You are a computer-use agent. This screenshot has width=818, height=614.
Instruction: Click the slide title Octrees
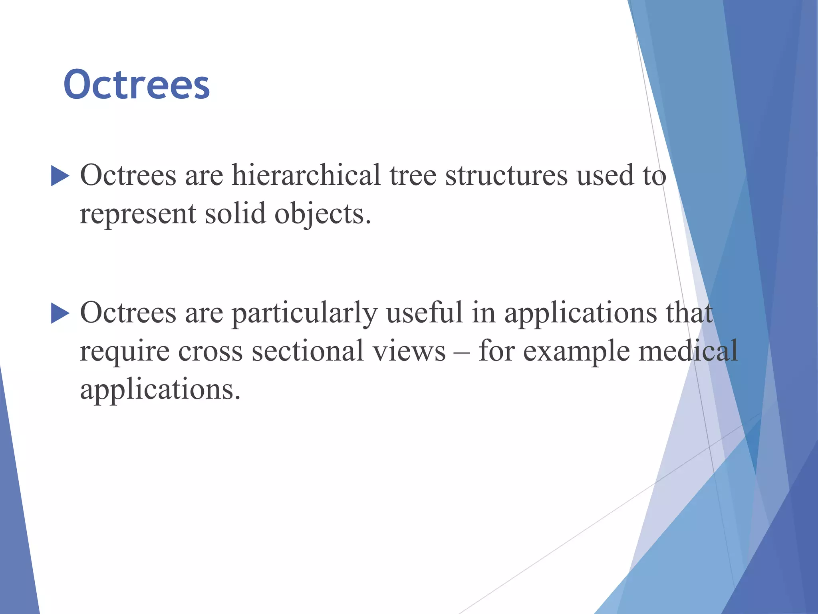click(x=136, y=85)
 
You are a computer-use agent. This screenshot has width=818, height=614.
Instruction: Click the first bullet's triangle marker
click(x=60, y=176)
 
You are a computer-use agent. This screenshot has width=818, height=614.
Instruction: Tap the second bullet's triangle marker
click(x=60, y=313)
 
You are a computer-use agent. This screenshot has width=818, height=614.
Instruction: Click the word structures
click(x=506, y=176)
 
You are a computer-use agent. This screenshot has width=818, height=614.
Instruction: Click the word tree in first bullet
click(x=413, y=176)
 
